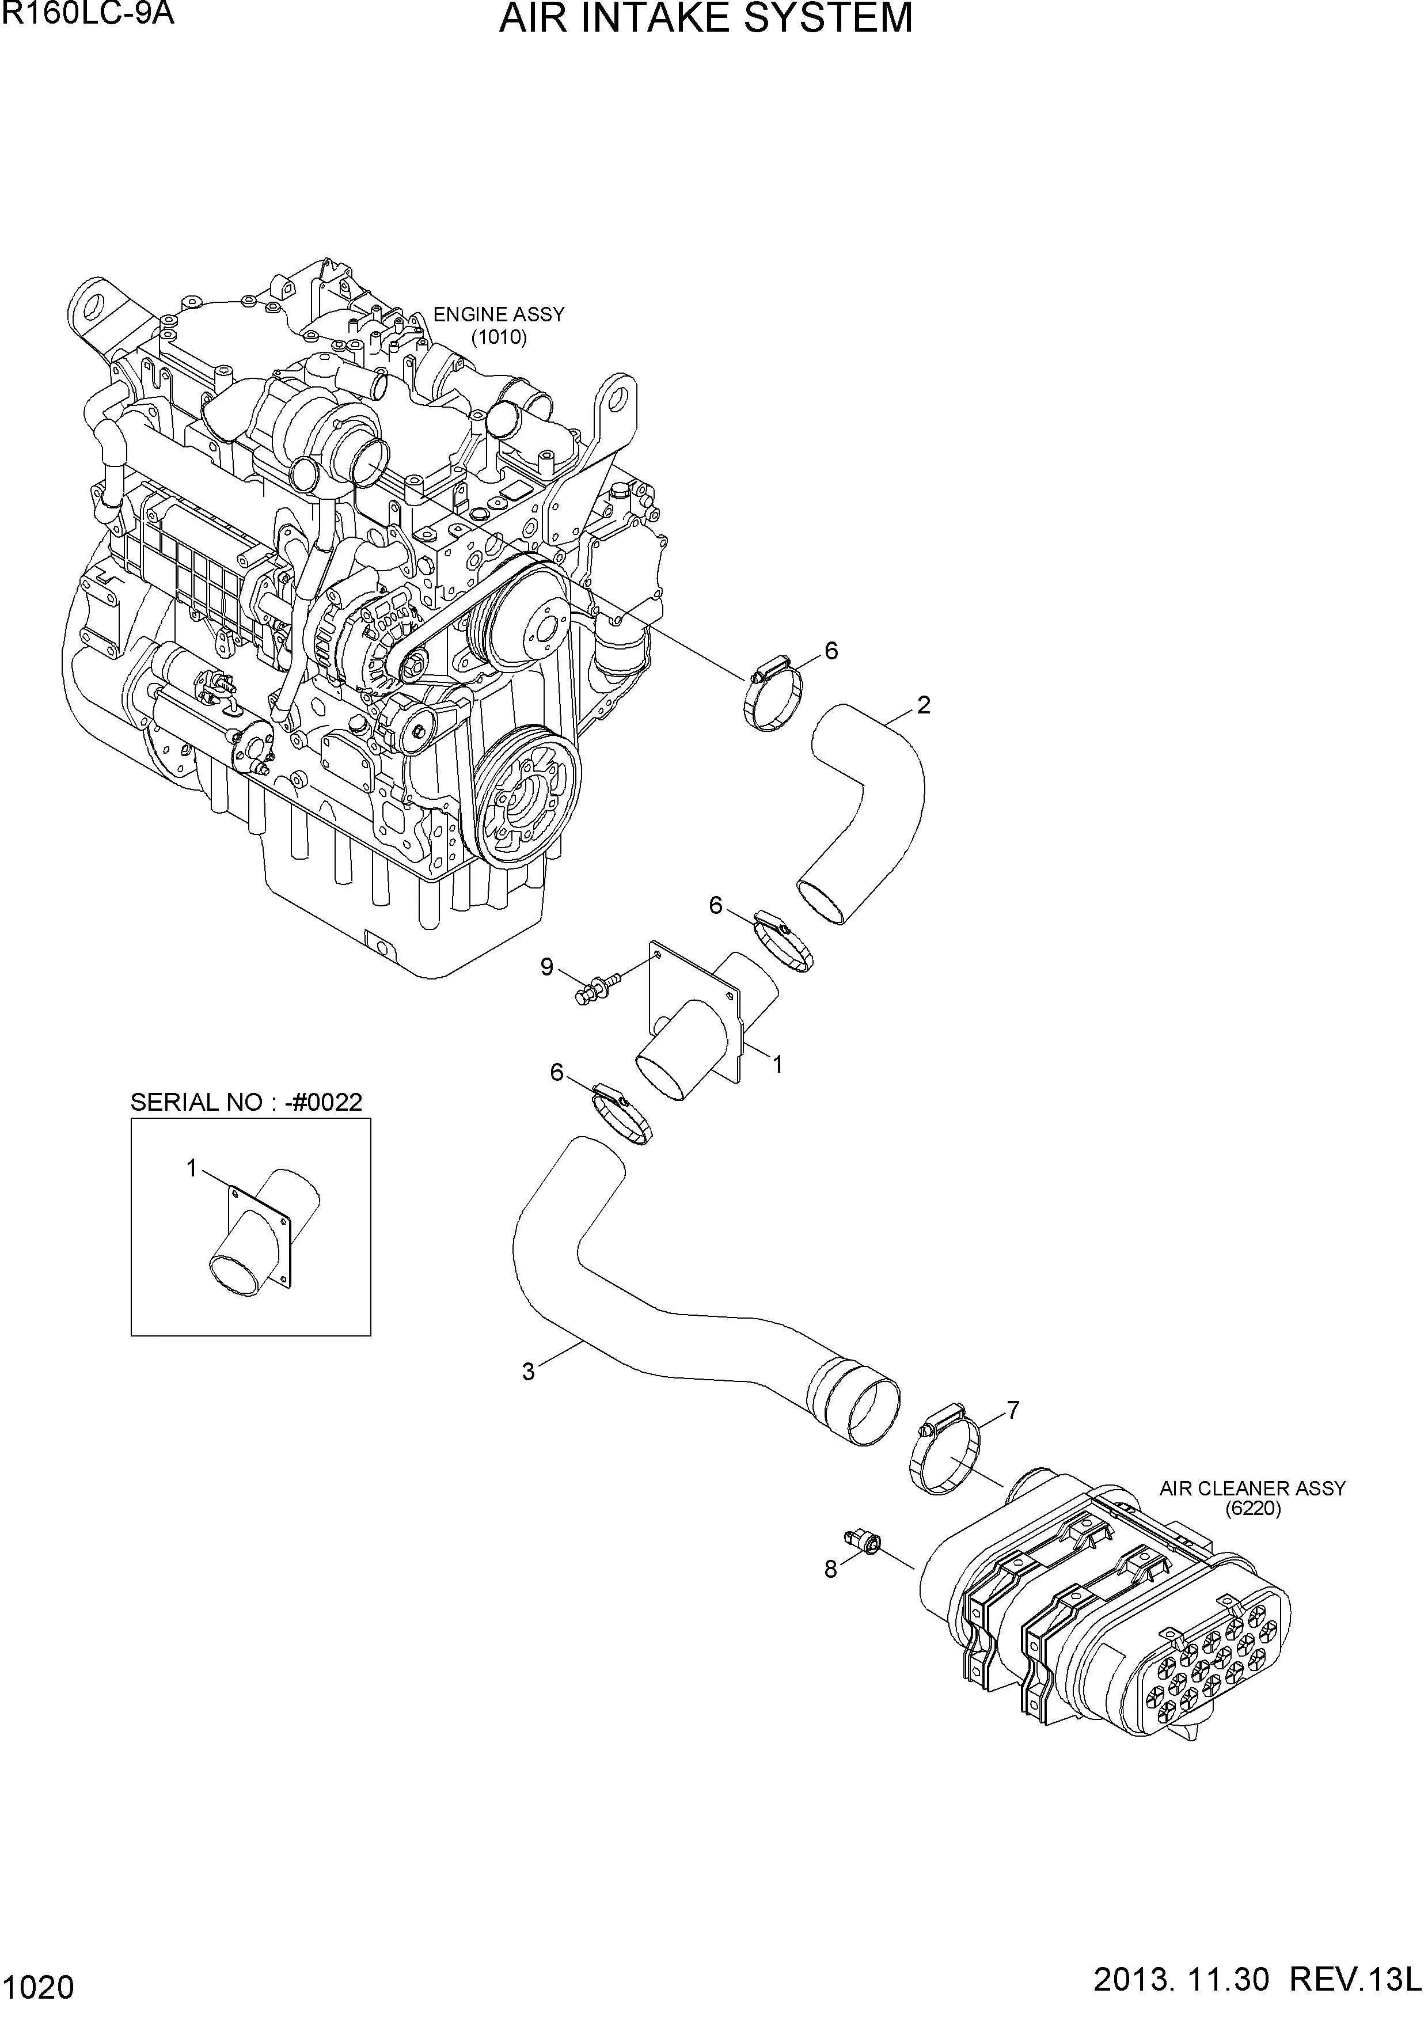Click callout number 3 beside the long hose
coord(528,1372)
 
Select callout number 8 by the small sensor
coord(830,1570)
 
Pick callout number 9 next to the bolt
coord(546,968)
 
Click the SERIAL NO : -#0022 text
coord(246,1102)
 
